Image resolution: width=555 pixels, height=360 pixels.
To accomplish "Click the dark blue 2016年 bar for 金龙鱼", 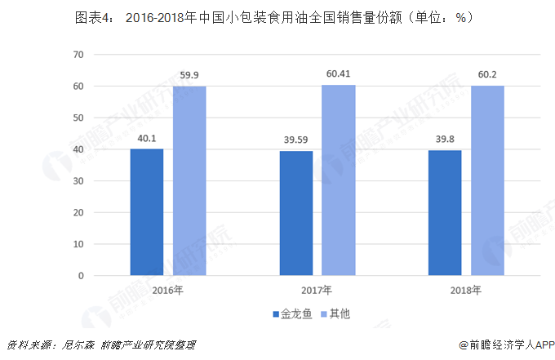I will click(147, 212).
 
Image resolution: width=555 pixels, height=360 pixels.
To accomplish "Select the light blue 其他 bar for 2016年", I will click(189, 181).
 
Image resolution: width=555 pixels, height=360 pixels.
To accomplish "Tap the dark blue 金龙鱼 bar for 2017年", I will click(295, 213).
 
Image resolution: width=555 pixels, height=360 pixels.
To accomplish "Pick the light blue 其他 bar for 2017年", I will click(338, 180).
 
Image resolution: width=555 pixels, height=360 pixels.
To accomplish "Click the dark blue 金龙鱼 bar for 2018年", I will click(445, 213).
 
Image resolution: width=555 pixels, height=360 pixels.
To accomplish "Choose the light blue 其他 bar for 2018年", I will click(487, 180).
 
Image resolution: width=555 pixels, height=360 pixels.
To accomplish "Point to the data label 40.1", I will click(147, 139).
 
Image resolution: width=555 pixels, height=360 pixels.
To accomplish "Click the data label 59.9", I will click(189, 76).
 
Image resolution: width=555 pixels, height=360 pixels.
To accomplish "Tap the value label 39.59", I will click(295, 140).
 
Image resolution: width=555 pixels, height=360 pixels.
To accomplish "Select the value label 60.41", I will click(338, 74).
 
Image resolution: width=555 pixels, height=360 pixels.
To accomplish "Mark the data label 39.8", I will click(445, 140).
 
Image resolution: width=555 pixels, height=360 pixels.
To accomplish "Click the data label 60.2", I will click(487, 75).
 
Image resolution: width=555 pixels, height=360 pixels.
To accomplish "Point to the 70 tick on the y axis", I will click(78, 55).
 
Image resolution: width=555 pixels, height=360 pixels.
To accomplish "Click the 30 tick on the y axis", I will click(78, 181).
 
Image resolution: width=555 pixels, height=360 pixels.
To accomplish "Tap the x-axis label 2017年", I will click(316, 290).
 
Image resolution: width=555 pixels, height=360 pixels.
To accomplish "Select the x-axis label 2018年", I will click(466, 290).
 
